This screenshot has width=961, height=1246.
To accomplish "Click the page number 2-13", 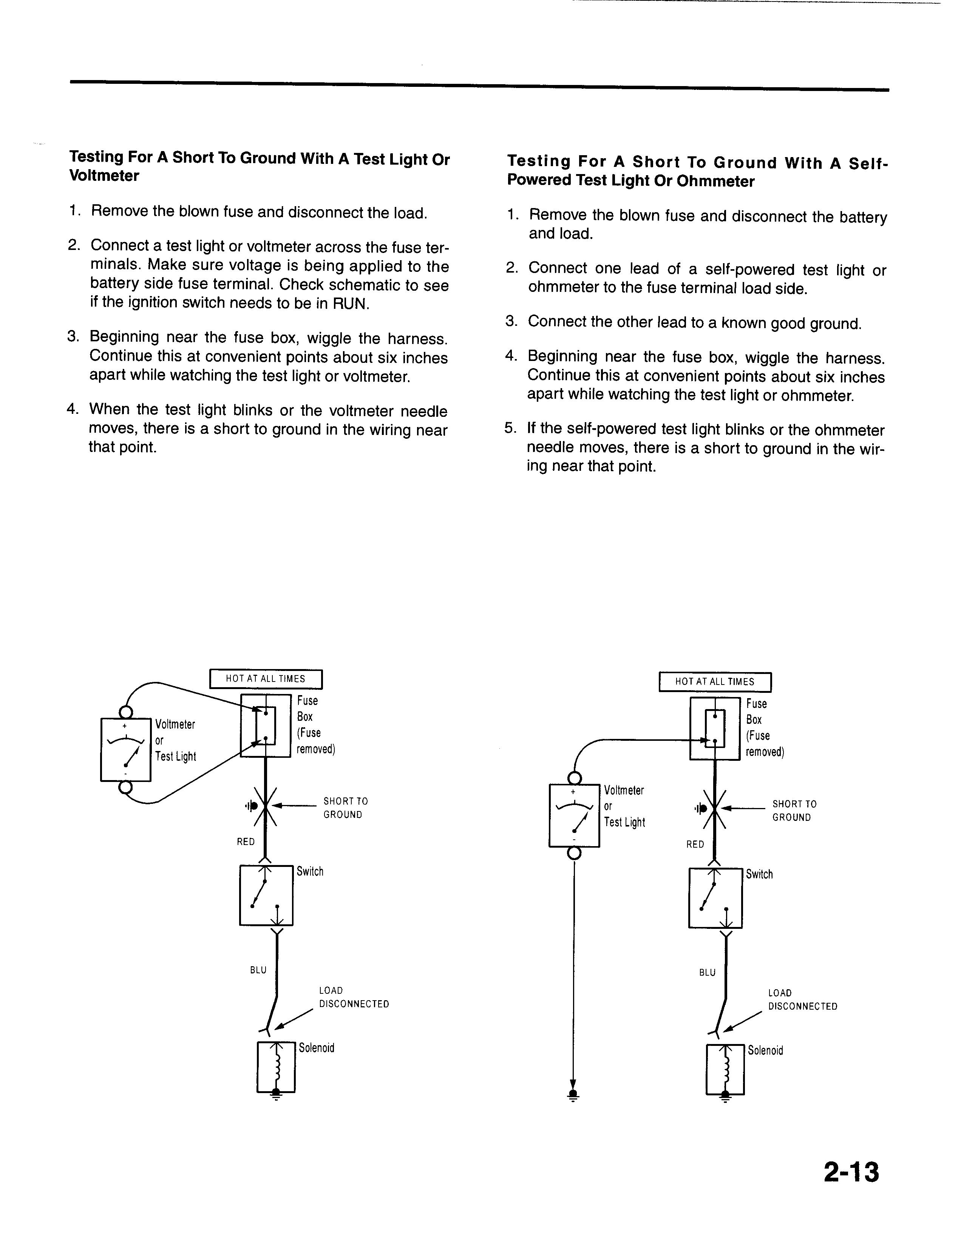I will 851,1172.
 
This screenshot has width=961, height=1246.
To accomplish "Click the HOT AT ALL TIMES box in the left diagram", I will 266,679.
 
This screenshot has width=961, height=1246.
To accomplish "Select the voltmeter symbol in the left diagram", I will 125,749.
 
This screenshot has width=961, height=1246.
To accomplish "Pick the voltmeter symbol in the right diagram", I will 574,815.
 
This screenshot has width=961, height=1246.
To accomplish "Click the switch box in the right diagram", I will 715,898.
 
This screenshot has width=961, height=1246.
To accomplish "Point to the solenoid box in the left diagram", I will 276,1067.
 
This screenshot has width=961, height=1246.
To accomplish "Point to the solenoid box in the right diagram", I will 725,1070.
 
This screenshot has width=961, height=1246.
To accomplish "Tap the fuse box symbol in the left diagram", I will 265,726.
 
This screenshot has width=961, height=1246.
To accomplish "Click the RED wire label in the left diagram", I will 246,842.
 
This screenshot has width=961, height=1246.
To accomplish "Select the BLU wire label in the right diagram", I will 707,973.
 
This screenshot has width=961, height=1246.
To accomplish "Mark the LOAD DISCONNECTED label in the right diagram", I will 802,999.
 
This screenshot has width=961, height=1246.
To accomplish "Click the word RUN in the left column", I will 350,304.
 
